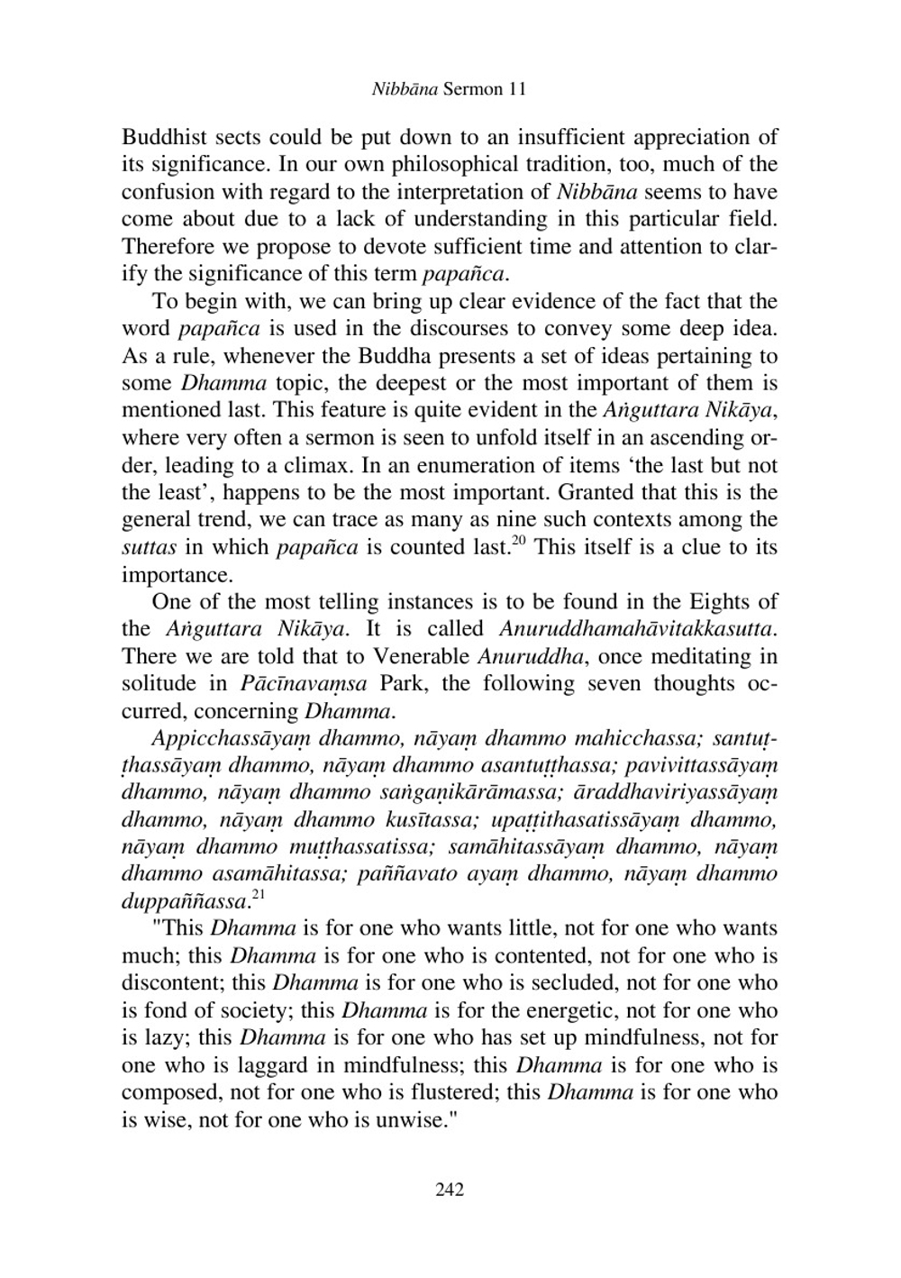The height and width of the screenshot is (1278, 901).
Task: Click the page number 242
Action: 449,1190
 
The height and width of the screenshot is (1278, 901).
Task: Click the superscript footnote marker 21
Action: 259,894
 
